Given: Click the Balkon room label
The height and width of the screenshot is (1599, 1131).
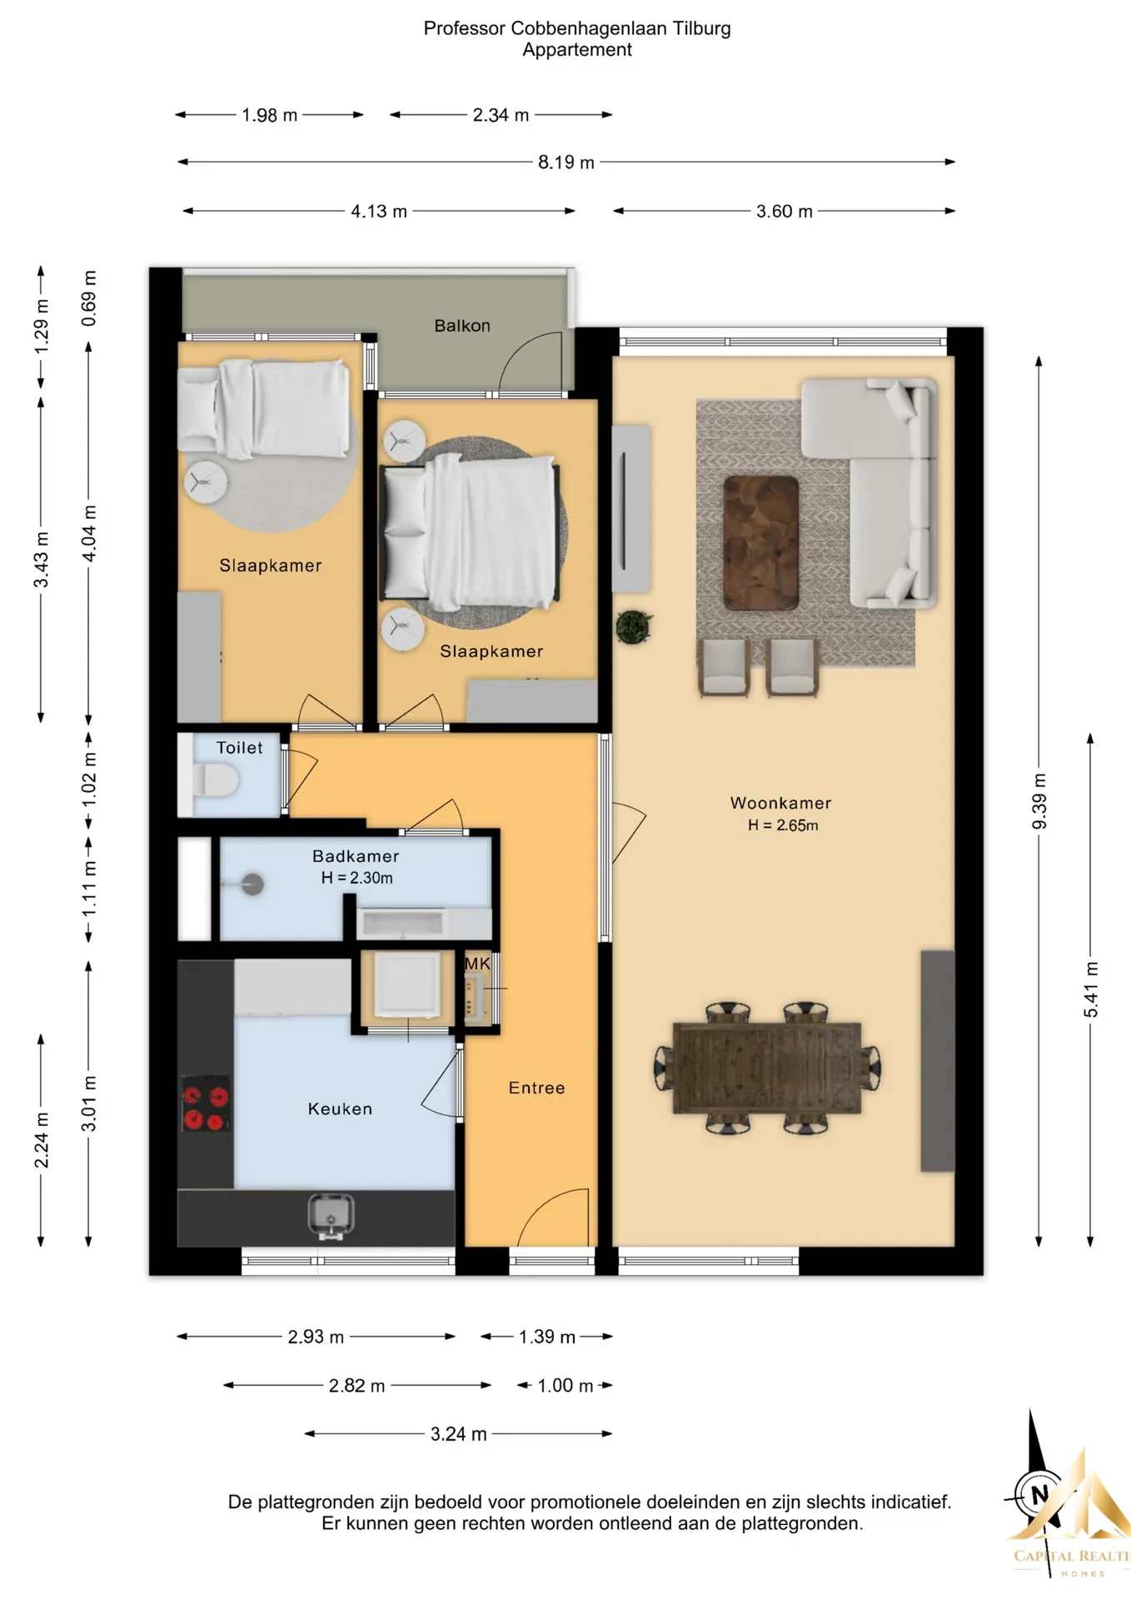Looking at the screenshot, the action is (x=462, y=326).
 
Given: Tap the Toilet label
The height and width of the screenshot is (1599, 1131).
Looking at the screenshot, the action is (x=240, y=748).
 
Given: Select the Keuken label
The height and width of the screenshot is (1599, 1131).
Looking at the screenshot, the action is (x=340, y=1108).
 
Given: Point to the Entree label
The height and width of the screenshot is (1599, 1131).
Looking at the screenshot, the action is (x=537, y=1088).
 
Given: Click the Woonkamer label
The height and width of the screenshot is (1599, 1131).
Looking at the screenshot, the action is (x=781, y=803).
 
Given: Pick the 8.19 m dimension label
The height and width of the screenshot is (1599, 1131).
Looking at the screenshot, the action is (x=566, y=162).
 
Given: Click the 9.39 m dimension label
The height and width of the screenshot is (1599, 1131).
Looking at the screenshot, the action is (x=1039, y=802).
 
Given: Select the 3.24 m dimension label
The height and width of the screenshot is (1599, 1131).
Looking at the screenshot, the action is (x=459, y=1434).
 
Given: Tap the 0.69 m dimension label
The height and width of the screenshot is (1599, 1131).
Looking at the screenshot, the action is (x=89, y=298).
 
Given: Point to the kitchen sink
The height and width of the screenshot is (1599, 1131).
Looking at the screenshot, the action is (x=331, y=1217).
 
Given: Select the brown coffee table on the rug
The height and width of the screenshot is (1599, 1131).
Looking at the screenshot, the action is (x=761, y=543).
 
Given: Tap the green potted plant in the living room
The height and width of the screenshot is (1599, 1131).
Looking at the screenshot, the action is (x=634, y=626).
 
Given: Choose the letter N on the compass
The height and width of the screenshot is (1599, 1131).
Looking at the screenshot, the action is (x=1039, y=1493).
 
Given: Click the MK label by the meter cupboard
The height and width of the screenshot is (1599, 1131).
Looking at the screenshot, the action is (x=477, y=964).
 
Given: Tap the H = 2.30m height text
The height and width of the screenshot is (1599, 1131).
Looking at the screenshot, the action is (x=357, y=878).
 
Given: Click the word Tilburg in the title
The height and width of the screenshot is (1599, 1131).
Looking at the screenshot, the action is (x=702, y=28).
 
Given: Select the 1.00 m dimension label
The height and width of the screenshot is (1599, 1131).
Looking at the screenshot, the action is (x=565, y=1386).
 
